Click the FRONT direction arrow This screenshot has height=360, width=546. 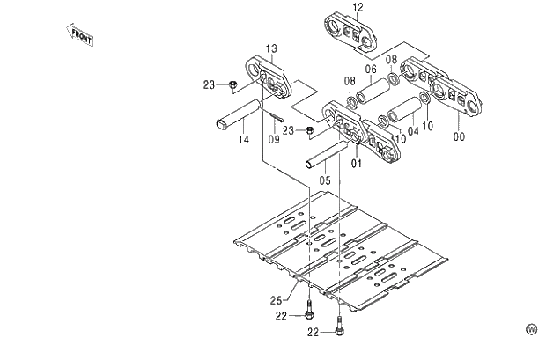click(80, 34)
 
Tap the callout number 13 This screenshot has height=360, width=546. click(271, 48)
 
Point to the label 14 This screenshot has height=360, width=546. click(243, 140)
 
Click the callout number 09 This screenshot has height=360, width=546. click(274, 138)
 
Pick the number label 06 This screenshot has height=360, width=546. click(371, 70)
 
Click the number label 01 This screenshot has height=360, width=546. click(357, 162)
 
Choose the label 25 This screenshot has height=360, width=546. click(276, 300)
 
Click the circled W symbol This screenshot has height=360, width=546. click(531, 329)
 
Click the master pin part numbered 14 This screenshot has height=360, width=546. click(238, 115)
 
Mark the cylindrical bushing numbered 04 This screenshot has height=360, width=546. click(406, 110)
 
